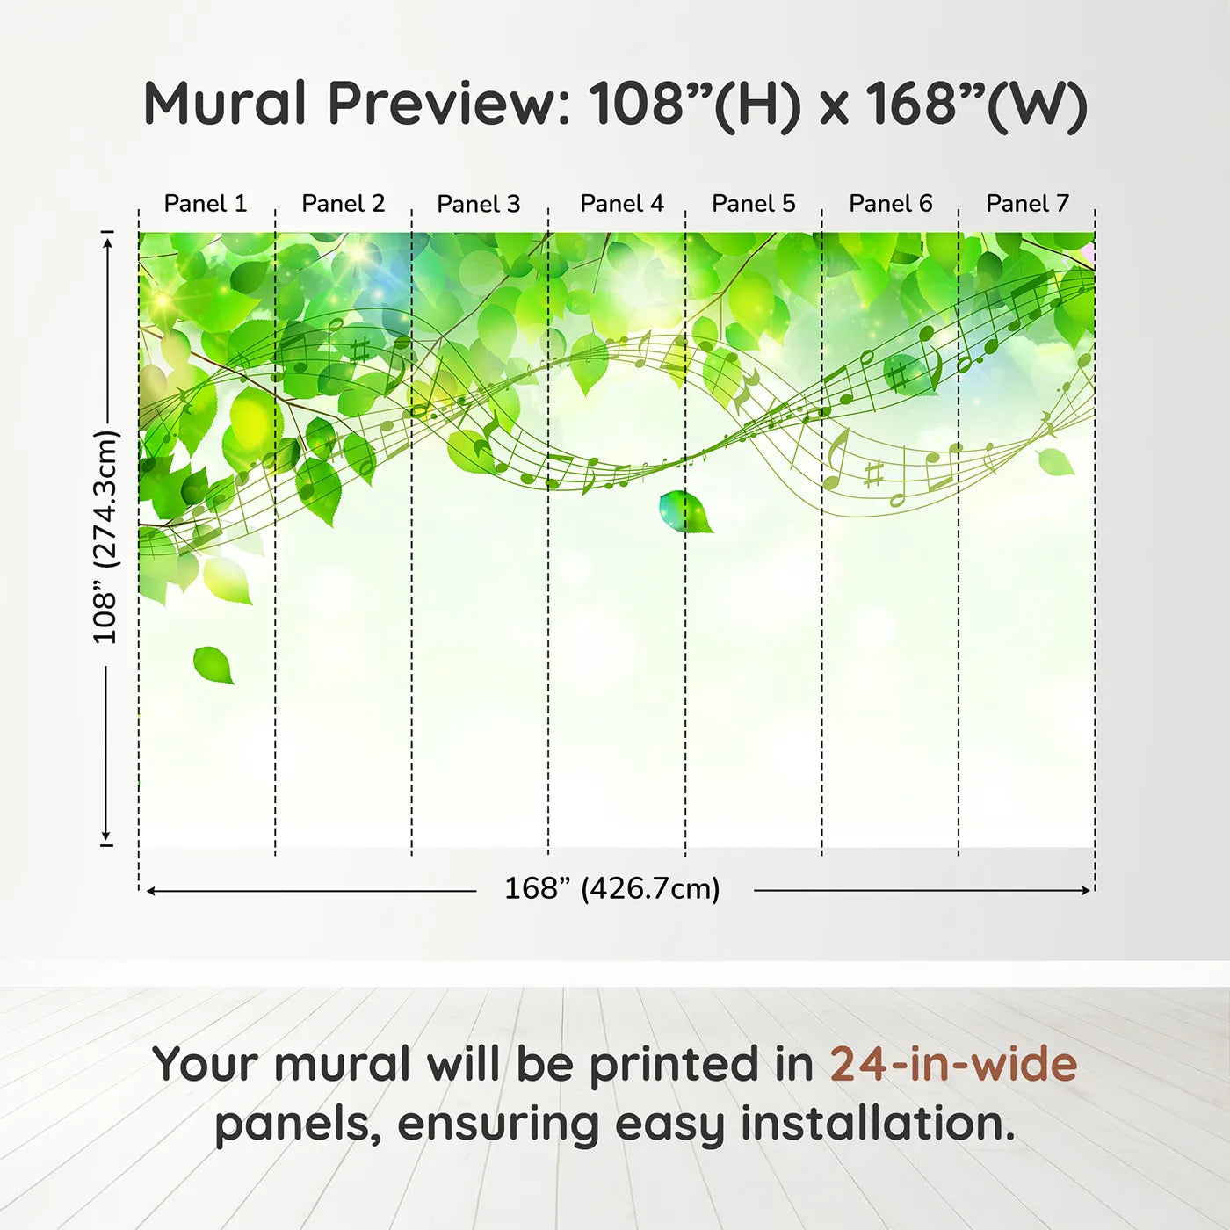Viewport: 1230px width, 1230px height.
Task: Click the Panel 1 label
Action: [x=205, y=204]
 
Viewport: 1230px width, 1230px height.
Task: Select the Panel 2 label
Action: [x=344, y=204]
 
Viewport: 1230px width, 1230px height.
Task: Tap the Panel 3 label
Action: [x=479, y=204]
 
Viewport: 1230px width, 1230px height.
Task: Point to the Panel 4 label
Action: [x=622, y=204]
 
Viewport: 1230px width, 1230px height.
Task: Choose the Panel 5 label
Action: [x=754, y=204]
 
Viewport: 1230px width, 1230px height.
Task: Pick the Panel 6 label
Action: [x=890, y=204]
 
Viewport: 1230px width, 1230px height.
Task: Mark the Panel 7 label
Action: [x=1028, y=204]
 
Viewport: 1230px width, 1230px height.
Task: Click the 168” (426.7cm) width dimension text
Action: [x=612, y=889]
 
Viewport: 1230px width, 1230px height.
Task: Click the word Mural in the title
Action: [x=225, y=104]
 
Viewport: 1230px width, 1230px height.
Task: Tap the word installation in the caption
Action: [x=879, y=1125]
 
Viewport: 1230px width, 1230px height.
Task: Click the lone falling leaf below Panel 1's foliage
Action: [x=213, y=664]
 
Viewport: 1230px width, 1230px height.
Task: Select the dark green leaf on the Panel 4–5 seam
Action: [x=685, y=511]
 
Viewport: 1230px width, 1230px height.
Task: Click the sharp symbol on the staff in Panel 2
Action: [x=360, y=351]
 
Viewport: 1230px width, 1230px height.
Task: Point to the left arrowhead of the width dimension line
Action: [x=151, y=891]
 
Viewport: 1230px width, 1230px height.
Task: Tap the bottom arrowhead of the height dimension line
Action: [x=106, y=836]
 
